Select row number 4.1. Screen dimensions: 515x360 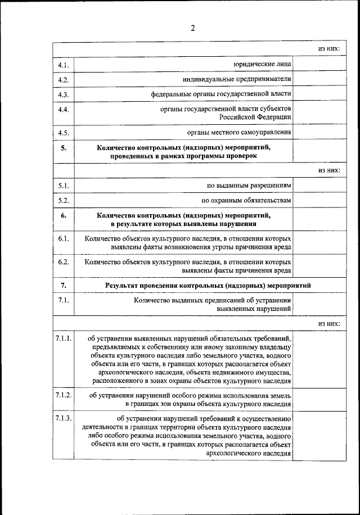tap(63, 65)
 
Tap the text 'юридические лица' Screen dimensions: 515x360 tap(263, 65)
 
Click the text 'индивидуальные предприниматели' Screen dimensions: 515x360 tap(236, 79)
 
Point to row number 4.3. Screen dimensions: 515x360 tap(63, 94)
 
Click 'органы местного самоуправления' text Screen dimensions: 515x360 tap(239, 133)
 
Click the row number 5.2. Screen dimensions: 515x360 tap(63, 200)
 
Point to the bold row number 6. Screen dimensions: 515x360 tap(63, 215)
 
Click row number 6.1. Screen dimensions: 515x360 tap(63, 238)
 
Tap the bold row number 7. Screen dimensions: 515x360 tap(63, 286)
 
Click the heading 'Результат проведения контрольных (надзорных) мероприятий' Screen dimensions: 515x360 tap(208, 286)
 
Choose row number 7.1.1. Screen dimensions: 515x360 tap(63, 338)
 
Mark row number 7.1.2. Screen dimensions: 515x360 tap(63, 395)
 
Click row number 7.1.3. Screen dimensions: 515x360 tap(63, 418)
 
